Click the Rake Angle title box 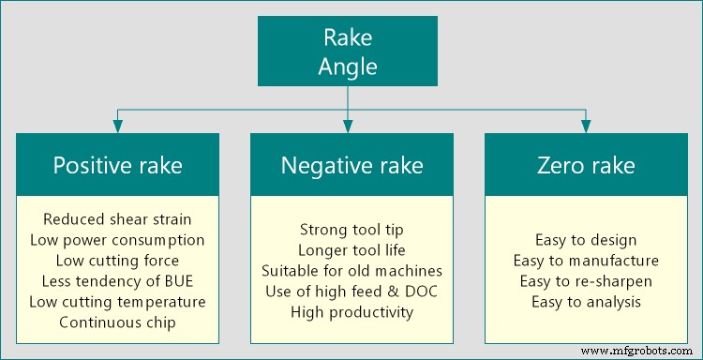point(348,52)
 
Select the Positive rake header point(117,166)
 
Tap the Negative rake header point(351,166)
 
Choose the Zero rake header point(586,166)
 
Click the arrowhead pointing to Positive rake point(117,127)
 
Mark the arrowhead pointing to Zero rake point(586,127)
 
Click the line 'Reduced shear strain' point(117,218)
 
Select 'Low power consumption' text point(117,239)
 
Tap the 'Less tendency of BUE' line point(117,280)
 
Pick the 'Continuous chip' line point(117,322)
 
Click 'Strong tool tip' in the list point(351,229)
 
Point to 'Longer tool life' point(351,249)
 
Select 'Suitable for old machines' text point(351,270)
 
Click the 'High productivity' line point(351,311)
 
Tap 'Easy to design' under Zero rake point(586,239)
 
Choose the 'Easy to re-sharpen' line point(586,280)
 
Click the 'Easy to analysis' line point(586,301)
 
